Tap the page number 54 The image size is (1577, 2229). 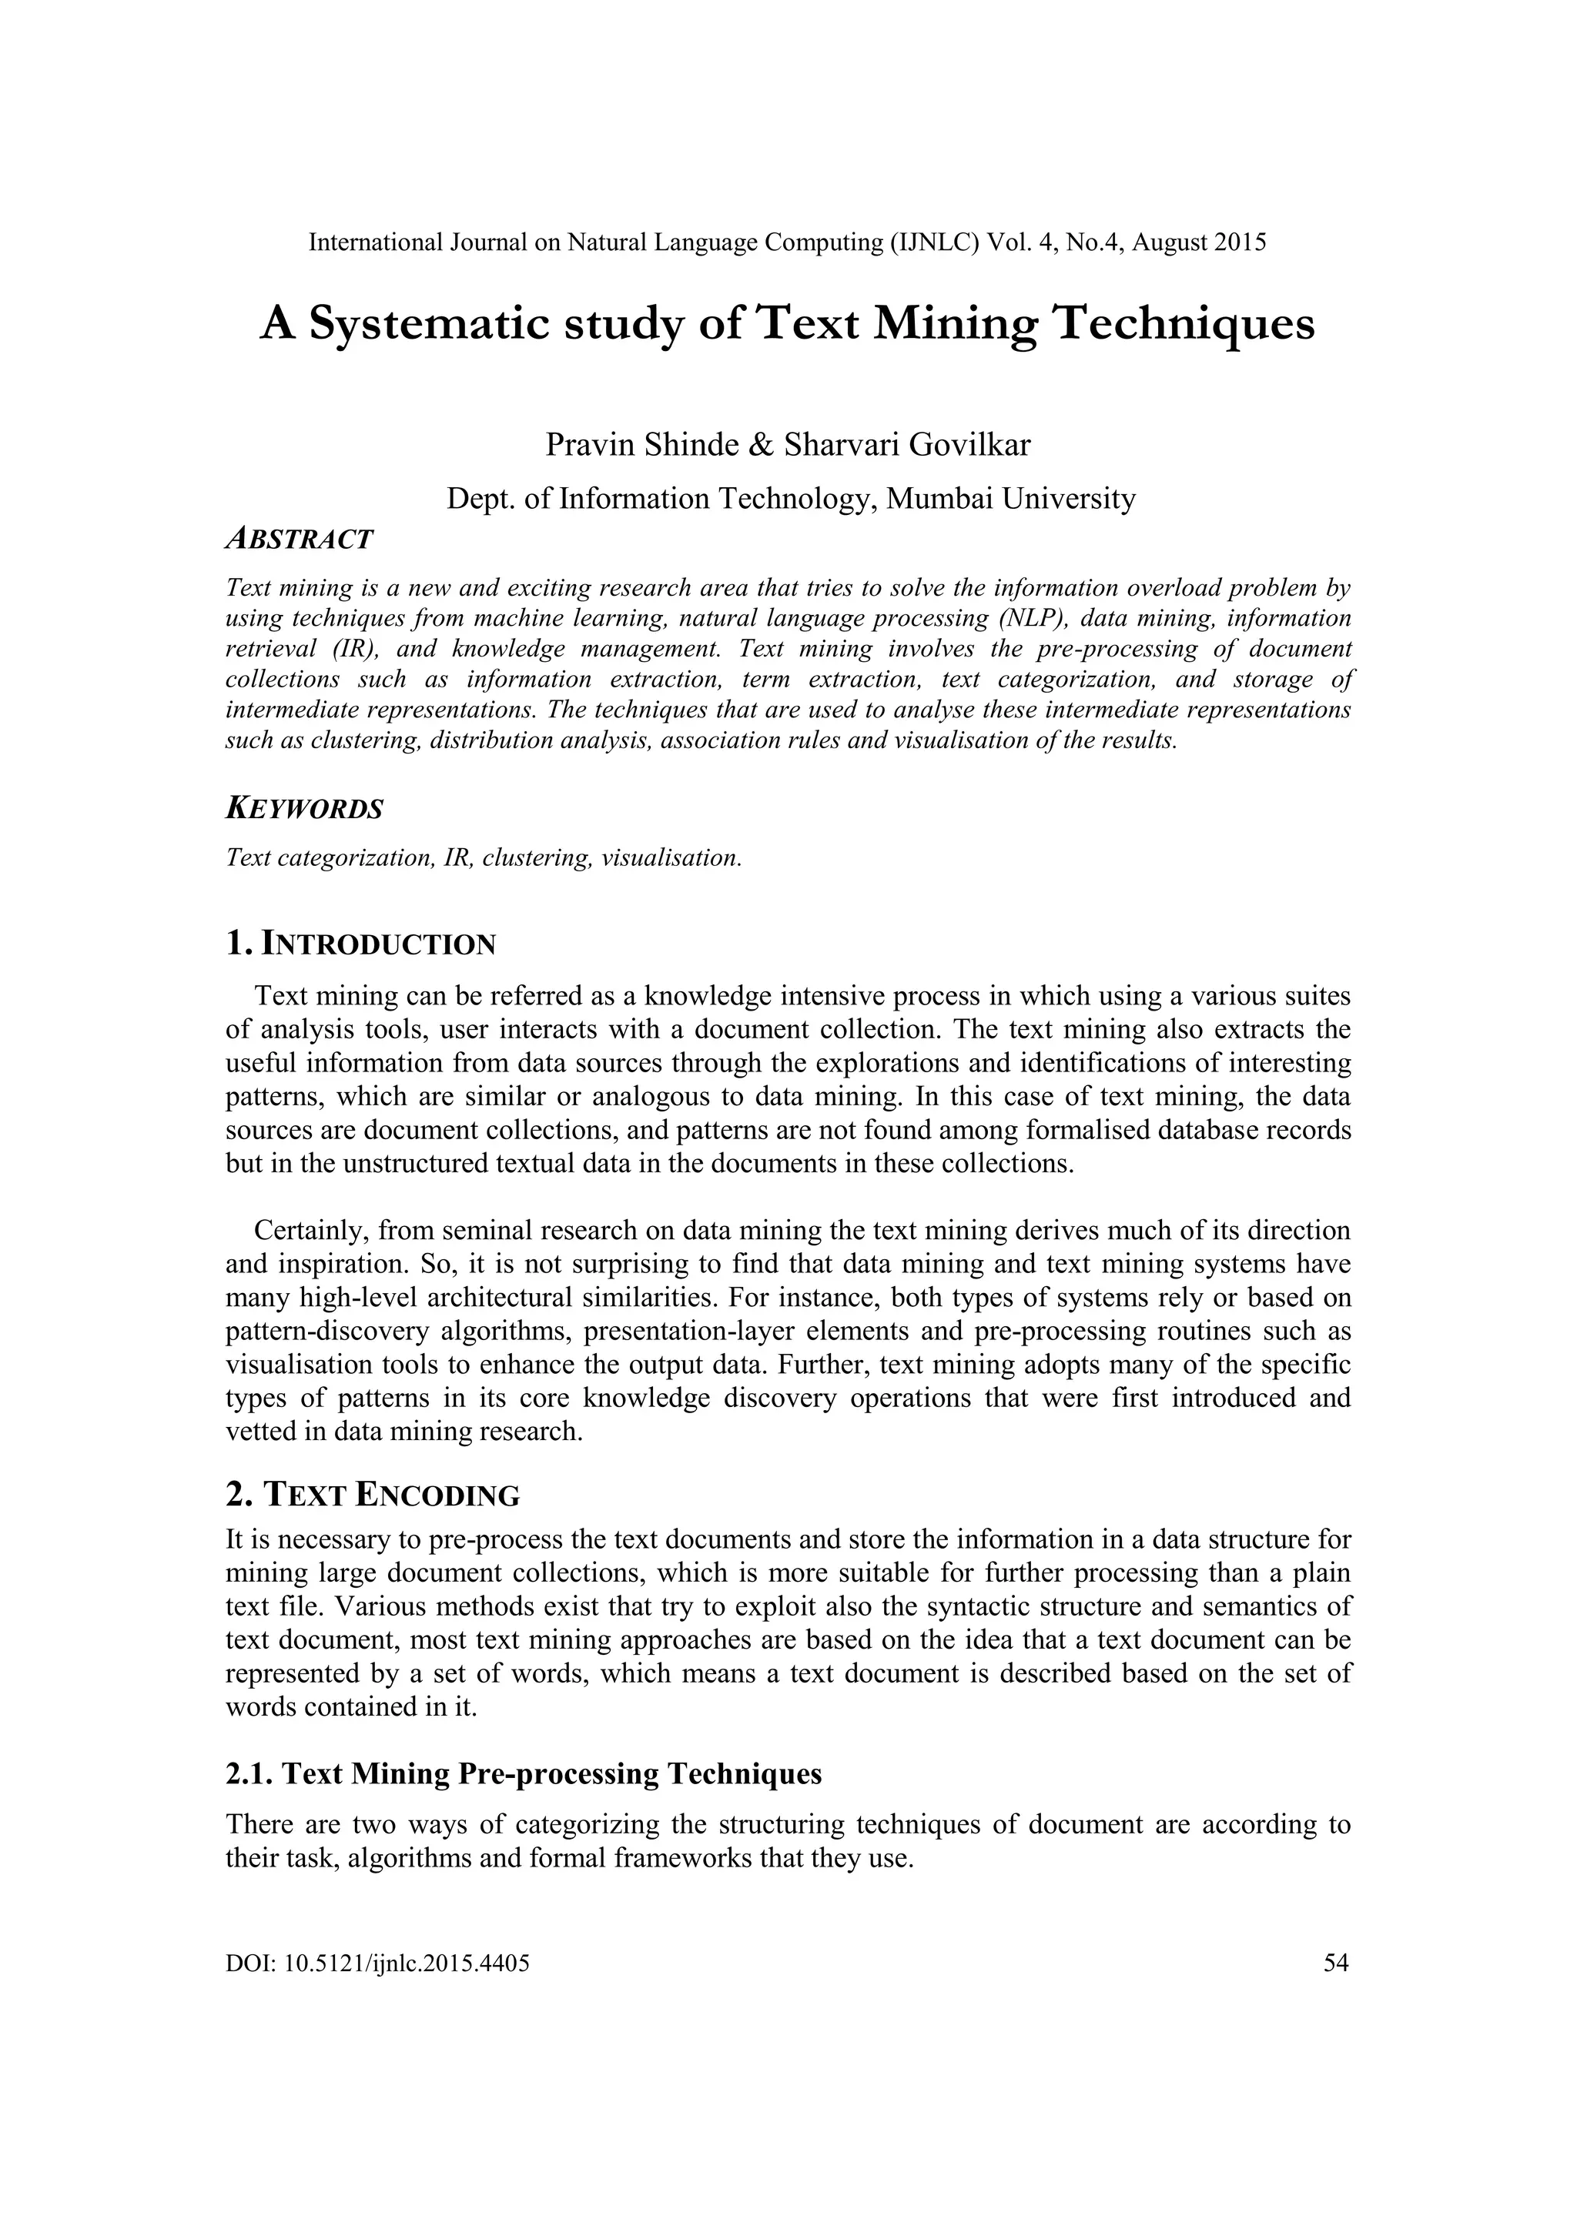point(1336,1963)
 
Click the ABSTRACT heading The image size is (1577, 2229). point(299,539)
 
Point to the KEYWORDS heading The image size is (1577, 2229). point(304,809)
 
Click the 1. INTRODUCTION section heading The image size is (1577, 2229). point(360,943)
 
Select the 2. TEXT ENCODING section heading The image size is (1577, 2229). point(372,1494)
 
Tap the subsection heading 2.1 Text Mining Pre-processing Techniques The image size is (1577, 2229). point(524,1773)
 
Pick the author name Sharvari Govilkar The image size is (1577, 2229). point(907,445)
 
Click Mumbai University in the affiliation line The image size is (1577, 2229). point(1011,498)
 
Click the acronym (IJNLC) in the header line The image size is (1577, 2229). point(934,242)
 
